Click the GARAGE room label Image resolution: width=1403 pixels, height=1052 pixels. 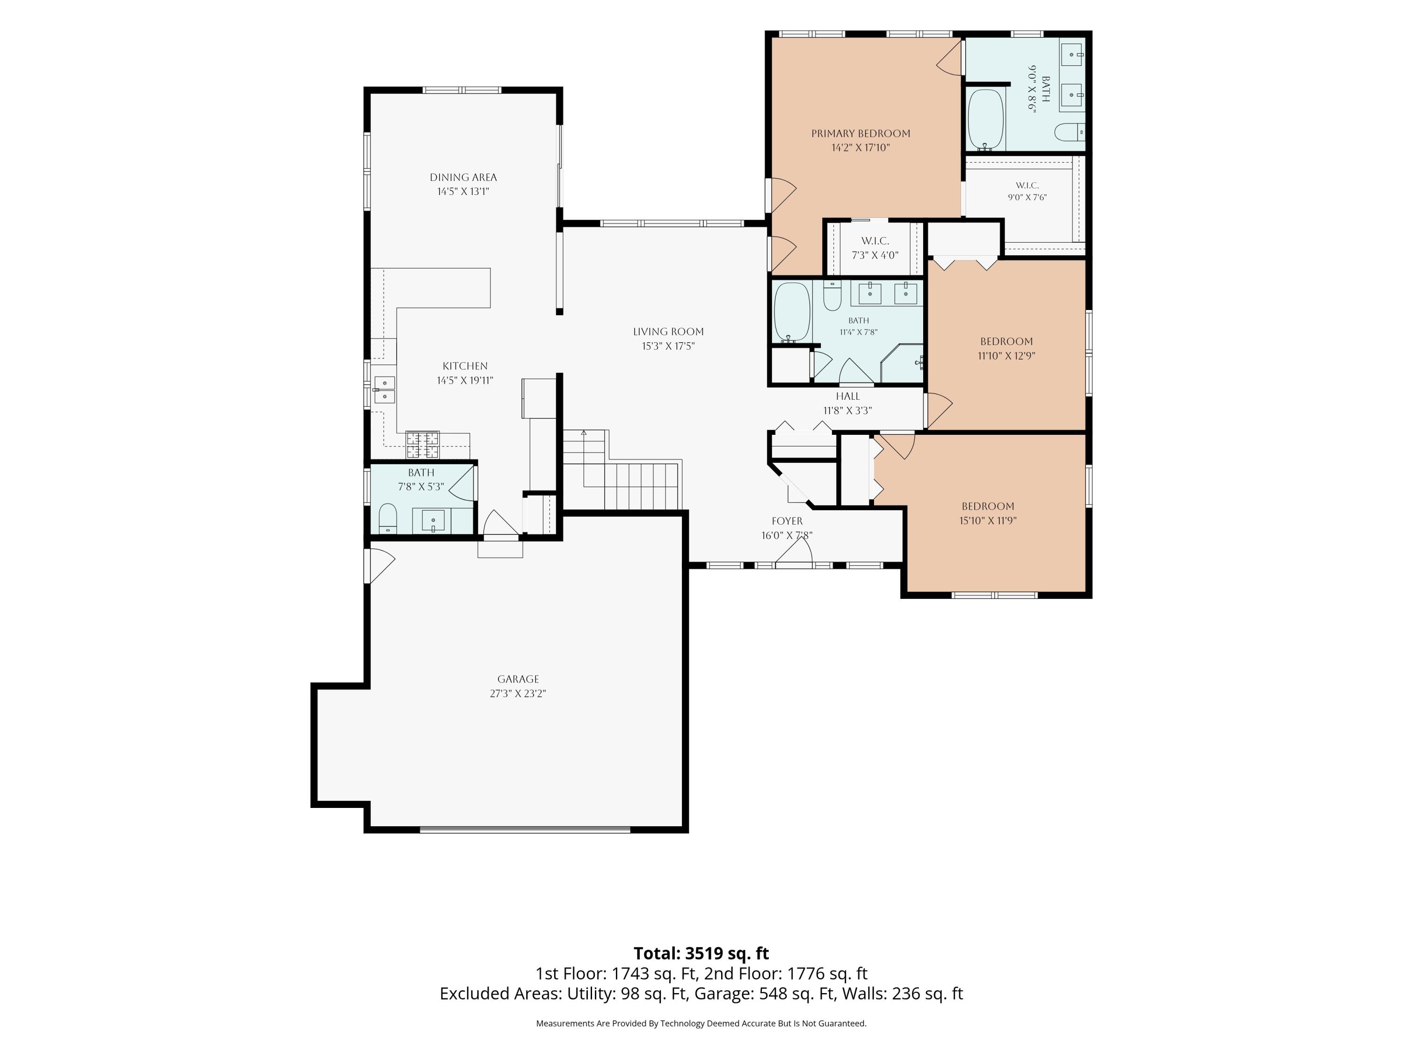(x=518, y=679)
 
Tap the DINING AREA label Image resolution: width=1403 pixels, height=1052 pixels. (x=463, y=178)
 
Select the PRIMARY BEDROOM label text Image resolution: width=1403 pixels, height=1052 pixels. (x=861, y=133)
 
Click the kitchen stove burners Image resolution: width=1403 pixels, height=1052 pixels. (x=422, y=445)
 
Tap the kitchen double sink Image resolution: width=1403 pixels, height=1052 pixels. (x=384, y=389)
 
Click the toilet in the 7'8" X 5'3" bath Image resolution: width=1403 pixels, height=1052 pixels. (x=388, y=519)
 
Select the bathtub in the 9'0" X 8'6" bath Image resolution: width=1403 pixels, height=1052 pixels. (x=986, y=119)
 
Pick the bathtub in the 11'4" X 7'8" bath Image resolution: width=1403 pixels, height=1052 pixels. (x=792, y=312)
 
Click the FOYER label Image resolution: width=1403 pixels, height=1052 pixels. (x=787, y=521)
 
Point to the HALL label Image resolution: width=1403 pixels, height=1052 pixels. (x=847, y=396)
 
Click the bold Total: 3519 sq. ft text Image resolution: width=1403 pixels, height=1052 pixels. (x=701, y=954)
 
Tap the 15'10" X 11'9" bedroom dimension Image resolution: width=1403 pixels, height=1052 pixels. (x=988, y=520)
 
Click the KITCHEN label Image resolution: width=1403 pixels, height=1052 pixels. (x=465, y=366)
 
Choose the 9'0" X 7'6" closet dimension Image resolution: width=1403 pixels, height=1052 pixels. (x=1027, y=197)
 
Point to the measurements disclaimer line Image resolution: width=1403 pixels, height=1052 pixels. (x=701, y=1023)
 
